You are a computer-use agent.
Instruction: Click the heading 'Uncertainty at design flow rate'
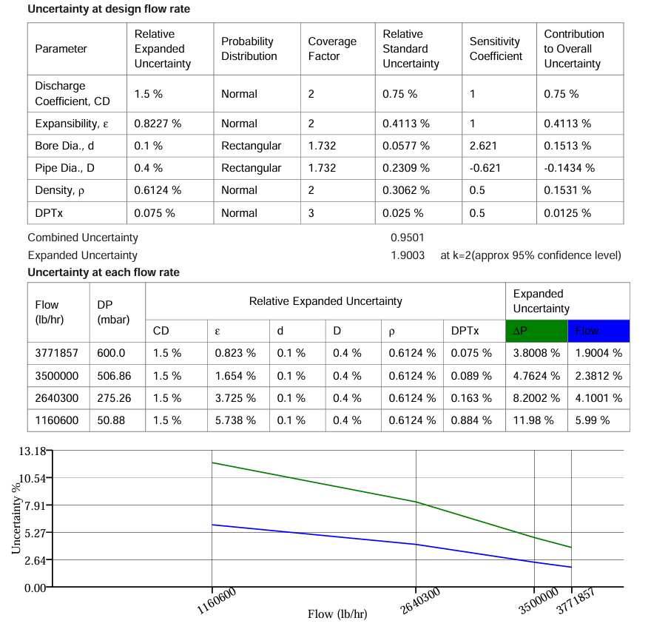tap(108, 10)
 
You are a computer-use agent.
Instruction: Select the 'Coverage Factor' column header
tap(332, 49)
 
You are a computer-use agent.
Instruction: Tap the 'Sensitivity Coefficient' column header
tap(496, 49)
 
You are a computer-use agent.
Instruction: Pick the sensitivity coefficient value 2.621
tap(483, 146)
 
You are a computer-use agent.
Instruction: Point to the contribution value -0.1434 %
tap(569, 168)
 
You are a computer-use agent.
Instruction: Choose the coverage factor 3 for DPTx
tap(311, 213)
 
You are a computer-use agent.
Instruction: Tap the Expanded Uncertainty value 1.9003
tap(408, 255)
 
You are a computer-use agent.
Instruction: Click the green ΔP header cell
tap(536, 331)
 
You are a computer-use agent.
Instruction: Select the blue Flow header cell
tap(598, 331)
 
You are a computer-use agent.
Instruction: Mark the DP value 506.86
tap(114, 376)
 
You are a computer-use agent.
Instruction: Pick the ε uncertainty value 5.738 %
tap(235, 420)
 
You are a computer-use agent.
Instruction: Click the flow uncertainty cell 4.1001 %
tap(598, 398)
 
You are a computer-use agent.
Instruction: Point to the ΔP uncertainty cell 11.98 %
tap(533, 420)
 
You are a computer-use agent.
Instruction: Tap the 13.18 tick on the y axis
tap(30, 451)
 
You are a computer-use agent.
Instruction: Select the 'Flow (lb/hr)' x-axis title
tap(337, 614)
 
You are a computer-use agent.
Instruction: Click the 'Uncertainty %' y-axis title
tap(16, 518)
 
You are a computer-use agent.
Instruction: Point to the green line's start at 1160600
tap(212, 463)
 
